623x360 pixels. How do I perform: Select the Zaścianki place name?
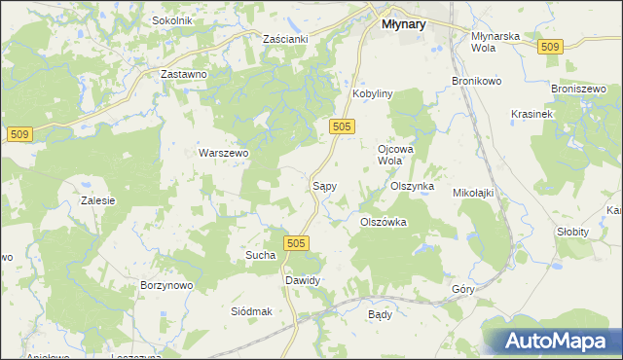pyautogui.click(x=285, y=39)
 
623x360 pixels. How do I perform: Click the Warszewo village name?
pyautogui.click(x=225, y=153)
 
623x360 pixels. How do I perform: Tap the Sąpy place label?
pyautogui.click(x=324, y=184)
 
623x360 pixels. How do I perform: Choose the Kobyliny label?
pyautogui.click(x=371, y=93)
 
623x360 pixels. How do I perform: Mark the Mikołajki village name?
pyautogui.click(x=474, y=193)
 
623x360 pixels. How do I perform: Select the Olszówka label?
pyautogui.click(x=384, y=222)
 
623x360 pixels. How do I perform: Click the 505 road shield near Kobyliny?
pyautogui.click(x=341, y=126)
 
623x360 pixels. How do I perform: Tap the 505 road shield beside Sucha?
pyautogui.click(x=297, y=243)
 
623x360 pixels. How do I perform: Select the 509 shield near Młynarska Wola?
pyautogui.click(x=550, y=48)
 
